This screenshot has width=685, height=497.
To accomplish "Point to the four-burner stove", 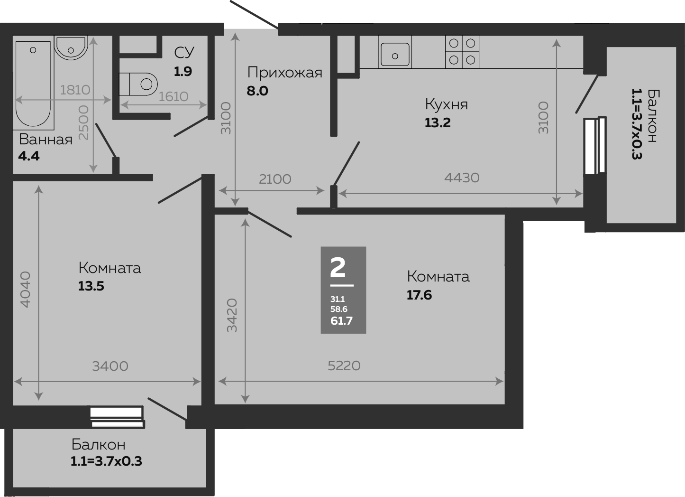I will click(x=462, y=52).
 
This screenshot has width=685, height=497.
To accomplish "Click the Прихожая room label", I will click(x=285, y=73).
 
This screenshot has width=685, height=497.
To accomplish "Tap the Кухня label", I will click(x=446, y=104).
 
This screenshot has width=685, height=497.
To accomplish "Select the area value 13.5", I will click(x=91, y=286).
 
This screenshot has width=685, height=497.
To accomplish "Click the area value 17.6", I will click(x=419, y=295).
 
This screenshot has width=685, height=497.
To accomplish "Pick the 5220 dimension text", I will click(x=344, y=366).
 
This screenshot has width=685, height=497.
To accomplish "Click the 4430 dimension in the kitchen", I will click(x=462, y=178).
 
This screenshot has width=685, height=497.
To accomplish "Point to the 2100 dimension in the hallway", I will click(x=275, y=179).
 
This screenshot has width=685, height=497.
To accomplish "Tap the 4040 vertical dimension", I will click(x=25, y=289).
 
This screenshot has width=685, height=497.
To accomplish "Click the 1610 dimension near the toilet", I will click(x=173, y=96).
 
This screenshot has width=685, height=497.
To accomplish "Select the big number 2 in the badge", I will click(x=338, y=268).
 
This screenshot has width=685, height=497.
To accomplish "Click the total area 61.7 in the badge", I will click(x=341, y=321).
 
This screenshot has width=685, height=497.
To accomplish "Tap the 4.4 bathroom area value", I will click(x=28, y=156).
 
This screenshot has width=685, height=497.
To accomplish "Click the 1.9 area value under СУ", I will click(x=183, y=72).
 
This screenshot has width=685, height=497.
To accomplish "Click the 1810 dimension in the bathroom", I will click(x=75, y=90).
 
